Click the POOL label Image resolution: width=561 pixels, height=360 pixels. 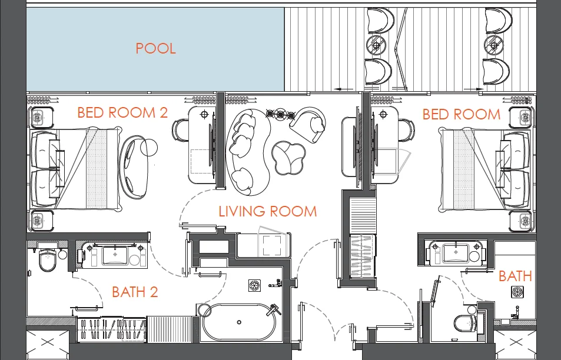point(155,48)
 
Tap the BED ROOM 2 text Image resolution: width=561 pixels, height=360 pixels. point(122,112)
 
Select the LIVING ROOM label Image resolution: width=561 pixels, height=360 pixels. point(268,211)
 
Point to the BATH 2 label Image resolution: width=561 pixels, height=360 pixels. point(135,292)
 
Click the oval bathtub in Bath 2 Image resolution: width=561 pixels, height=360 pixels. point(239,322)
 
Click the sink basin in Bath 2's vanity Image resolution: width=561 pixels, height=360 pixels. point(115,255)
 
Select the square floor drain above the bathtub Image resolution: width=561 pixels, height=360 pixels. point(254,285)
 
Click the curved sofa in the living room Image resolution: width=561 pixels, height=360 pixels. point(248,152)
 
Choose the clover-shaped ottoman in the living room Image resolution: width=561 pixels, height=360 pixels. point(288,158)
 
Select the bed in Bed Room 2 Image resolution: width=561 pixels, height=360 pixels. point(76,168)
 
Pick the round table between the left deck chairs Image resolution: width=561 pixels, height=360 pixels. point(376,45)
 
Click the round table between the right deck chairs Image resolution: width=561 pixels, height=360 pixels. point(494,45)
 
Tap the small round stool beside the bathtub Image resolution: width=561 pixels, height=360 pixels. point(204,311)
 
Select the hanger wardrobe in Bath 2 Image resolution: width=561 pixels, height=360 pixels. point(112,329)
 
